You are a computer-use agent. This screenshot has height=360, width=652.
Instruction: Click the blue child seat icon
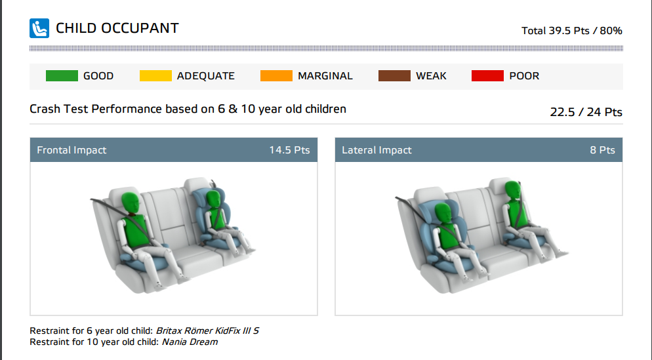point(39,28)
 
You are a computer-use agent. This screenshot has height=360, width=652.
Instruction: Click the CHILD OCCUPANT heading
point(117,28)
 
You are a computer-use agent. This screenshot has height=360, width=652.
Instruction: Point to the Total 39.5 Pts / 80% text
point(572,31)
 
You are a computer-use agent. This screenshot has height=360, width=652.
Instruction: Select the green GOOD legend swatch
point(62,75)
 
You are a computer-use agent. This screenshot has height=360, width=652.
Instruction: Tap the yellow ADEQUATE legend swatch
point(155,75)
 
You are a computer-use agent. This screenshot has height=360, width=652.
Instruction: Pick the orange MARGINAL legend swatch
point(277,75)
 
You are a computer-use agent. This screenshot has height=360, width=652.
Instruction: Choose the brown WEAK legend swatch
point(395,75)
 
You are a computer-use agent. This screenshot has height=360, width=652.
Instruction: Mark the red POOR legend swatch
point(488,75)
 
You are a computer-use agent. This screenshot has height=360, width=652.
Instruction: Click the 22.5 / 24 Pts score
point(586,112)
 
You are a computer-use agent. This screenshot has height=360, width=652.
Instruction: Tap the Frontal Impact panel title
point(71,150)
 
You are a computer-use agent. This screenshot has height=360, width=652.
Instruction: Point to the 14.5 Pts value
point(289,150)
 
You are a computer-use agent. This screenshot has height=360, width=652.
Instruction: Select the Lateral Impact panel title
point(377,150)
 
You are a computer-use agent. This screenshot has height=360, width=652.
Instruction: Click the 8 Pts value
point(603,150)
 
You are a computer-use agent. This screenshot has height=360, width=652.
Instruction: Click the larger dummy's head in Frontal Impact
point(131,203)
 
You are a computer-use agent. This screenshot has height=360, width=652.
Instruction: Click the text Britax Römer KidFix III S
point(207,331)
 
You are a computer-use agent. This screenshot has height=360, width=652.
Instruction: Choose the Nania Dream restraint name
point(190,342)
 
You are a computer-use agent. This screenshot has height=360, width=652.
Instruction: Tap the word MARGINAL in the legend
point(325,76)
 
